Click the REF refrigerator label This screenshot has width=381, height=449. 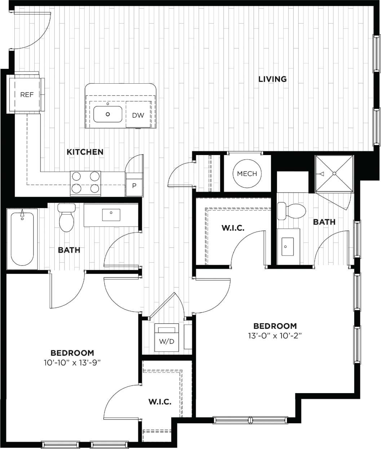point(27,94)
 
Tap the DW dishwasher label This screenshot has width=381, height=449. point(138,115)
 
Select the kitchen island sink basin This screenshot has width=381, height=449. point(108,114)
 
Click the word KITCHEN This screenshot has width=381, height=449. point(85,152)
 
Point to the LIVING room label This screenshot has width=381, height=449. point(273,79)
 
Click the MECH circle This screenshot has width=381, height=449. point(247,173)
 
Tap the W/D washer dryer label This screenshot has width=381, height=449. point(167,341)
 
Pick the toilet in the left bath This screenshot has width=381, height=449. point(66,219)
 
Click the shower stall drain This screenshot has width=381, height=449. point(334,174)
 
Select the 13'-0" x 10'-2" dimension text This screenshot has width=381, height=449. point(275,336)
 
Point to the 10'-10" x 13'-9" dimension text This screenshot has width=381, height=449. point(72,363)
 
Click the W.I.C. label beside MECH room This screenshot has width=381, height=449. point(233,228)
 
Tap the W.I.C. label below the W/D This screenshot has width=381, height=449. point(160,402)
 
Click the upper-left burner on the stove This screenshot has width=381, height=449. point(76,176)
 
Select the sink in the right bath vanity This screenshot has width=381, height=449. point(287,247)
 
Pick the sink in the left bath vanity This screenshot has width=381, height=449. point(111,215)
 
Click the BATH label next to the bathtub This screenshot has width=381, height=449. point(69,250)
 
